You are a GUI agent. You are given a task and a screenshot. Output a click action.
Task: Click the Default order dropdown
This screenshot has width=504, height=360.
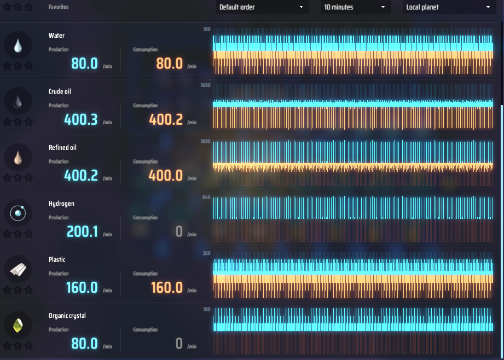261,7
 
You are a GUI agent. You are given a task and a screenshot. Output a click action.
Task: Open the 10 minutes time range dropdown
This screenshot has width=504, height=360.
355,7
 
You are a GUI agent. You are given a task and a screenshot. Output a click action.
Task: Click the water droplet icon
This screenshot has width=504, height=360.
18,45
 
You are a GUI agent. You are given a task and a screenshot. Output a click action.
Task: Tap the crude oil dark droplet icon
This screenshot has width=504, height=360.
18,101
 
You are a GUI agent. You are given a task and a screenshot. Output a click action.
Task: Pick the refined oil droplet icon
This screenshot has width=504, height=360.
18,158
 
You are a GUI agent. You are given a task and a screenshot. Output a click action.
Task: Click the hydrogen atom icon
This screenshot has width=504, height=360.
18,213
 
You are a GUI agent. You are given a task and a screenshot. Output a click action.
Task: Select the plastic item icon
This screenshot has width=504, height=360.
18,270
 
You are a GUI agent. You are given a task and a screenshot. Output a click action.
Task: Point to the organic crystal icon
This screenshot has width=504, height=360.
18,326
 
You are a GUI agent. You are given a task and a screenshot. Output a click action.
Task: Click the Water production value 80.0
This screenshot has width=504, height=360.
84,63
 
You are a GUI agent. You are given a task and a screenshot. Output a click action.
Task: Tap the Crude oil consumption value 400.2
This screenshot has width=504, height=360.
166,119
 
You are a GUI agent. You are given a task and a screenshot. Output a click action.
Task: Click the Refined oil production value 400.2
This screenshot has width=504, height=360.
81,176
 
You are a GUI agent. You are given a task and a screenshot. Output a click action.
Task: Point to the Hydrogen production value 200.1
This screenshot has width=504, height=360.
82,232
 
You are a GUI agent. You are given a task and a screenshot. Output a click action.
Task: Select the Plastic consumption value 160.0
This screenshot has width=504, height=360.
167,287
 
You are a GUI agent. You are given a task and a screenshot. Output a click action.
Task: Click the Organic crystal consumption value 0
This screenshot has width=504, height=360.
179,344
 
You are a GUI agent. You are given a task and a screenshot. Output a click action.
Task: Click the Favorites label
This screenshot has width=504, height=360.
59,7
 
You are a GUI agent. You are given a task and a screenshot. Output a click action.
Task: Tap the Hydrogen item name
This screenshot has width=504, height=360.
61,204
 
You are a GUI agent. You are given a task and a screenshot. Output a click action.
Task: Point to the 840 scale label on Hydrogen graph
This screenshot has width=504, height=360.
206,197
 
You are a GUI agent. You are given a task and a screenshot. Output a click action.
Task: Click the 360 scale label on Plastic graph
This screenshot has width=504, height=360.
206,253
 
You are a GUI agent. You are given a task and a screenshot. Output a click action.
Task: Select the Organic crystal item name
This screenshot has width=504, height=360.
67,316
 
